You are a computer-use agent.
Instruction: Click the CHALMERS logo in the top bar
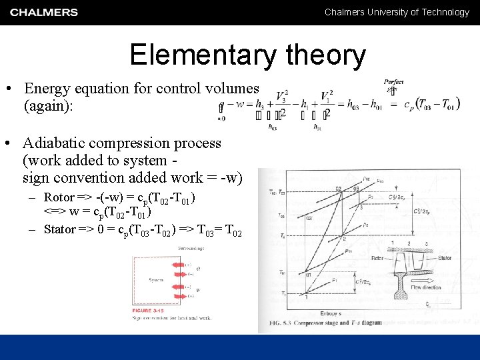coord(44,12)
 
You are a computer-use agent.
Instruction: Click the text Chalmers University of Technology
coord(397,12)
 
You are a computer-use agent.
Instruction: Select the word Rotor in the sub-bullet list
coord(58,197)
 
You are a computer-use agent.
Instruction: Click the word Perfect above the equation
coord(393,81)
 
